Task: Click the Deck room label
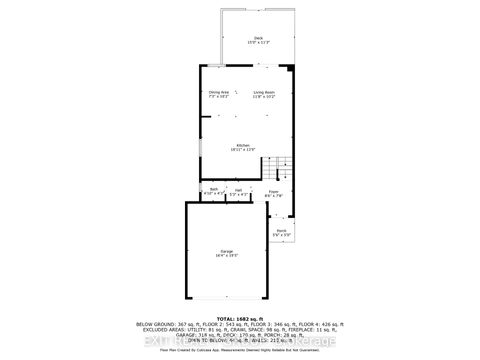coord(258,38)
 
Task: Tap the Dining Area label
coord(219,92)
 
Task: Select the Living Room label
coord(263,92)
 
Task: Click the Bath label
coord(214,188)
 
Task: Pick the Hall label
coord(238,188)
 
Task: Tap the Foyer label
coord(274,192)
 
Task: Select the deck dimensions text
coord(258,43)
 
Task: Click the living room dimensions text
coord(263,97)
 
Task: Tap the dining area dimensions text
coord(219,97)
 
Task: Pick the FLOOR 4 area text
coord(321,324)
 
